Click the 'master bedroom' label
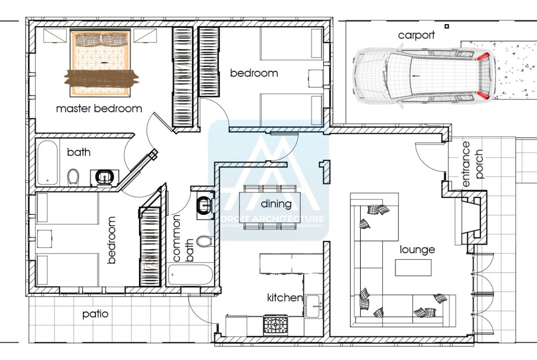99,109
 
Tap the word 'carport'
416,36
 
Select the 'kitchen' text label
285,298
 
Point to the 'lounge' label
417,249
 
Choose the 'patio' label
95,314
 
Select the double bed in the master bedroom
100,63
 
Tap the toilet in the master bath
74,177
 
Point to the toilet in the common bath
203,241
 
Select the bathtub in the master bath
48,162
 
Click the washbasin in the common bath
202,205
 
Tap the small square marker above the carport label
447,26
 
